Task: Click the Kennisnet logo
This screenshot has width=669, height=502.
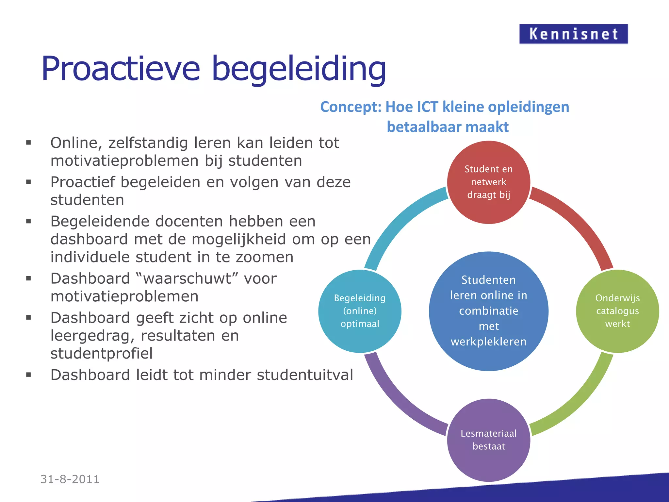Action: pos(573,34)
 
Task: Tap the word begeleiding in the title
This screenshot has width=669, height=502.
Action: pos(299,69)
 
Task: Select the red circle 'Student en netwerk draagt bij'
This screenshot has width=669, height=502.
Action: pos(488,182)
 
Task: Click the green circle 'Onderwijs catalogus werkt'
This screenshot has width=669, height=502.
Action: pos(617,311)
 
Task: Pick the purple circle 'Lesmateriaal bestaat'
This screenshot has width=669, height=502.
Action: pos(488,440)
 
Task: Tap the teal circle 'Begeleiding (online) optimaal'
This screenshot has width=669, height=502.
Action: pos(360,311)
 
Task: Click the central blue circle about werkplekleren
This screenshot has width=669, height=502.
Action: pos(488,311)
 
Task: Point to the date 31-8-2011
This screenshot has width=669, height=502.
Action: pos(70,479)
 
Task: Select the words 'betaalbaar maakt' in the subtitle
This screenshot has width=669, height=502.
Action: pos(448,127)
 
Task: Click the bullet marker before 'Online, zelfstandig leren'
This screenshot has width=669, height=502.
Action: pos(29,143)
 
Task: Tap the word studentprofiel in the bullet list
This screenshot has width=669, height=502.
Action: pos(101,354)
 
